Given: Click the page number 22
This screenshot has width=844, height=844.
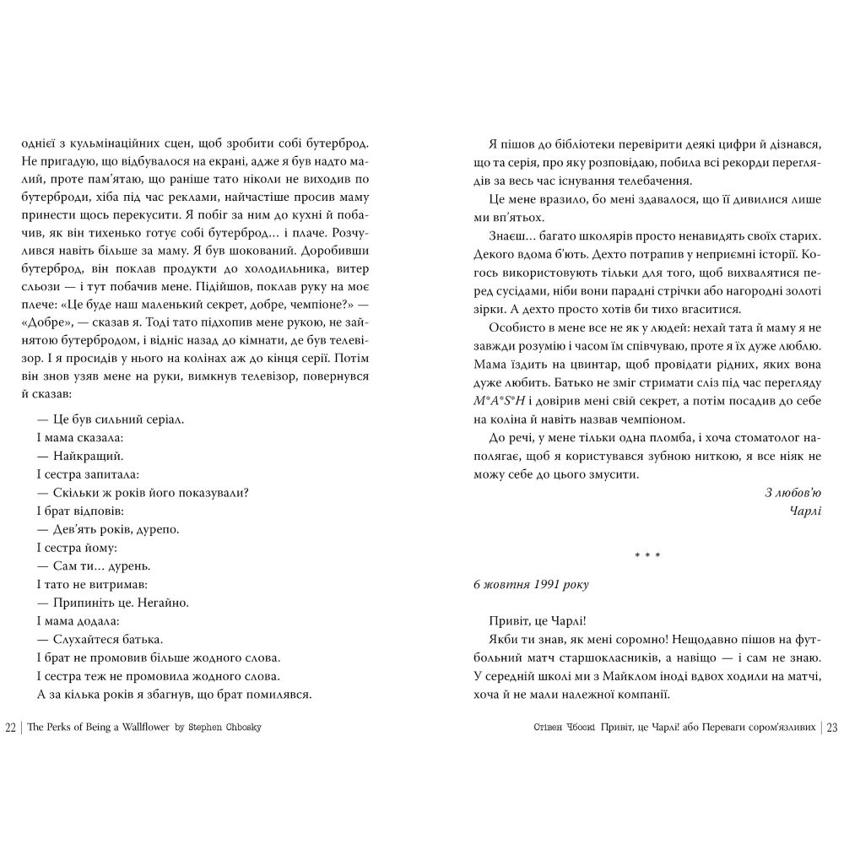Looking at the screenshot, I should tap(11, 728).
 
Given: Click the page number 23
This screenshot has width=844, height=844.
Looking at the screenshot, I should tap(831, 728).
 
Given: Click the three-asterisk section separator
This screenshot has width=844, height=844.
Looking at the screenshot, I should tap(647, 555).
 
